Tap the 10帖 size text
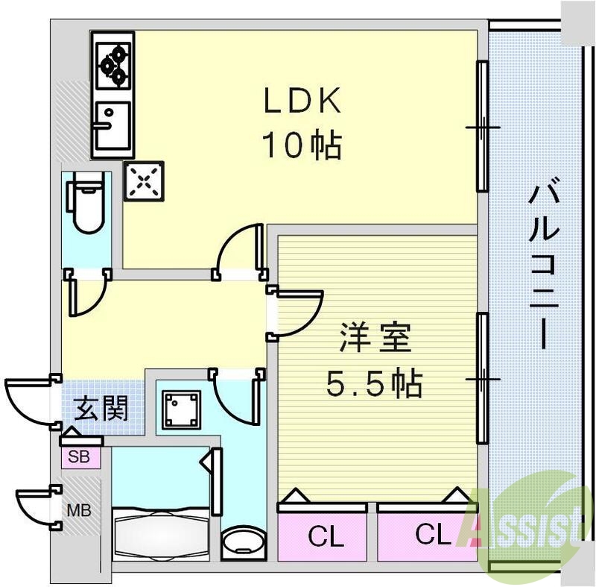click(x=301, y=145)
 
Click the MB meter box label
click(x=78, y=512)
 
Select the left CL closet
click(x=323, y=534)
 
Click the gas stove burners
click(x=113, y=63)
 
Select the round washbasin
click(x=242, y=542)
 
